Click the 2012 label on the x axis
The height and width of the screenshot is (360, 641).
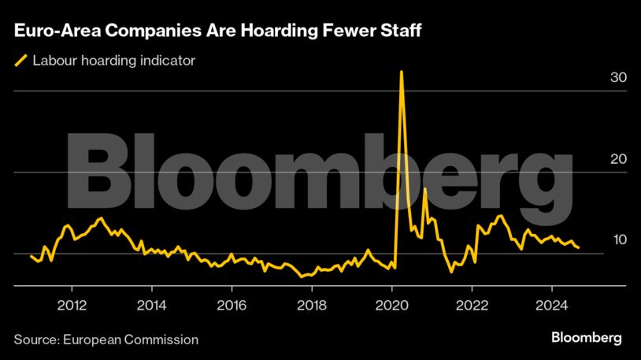click(72, 305)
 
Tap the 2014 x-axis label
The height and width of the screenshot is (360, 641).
click(152, 305)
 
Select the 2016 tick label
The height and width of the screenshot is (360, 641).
click(232, 305)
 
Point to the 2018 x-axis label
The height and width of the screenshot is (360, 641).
click(313, 305)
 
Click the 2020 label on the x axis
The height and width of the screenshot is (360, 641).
click(392, 305)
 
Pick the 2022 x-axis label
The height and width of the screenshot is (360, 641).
click(472, 305)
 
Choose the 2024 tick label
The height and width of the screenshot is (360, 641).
click(552, 305)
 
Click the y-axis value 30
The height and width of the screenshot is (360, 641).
click(618, 78)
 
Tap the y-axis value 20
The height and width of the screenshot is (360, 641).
click(618, 159)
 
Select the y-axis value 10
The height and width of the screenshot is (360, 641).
click(618, 239)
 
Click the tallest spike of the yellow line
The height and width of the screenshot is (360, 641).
click(402, 72)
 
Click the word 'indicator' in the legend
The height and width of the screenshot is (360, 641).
click(169, 60)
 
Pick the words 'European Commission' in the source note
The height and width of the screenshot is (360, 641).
click(133, 340)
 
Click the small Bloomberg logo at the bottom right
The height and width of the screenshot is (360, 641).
click(587, 337)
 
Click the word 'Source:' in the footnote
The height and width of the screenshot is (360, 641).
click(38, 340)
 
